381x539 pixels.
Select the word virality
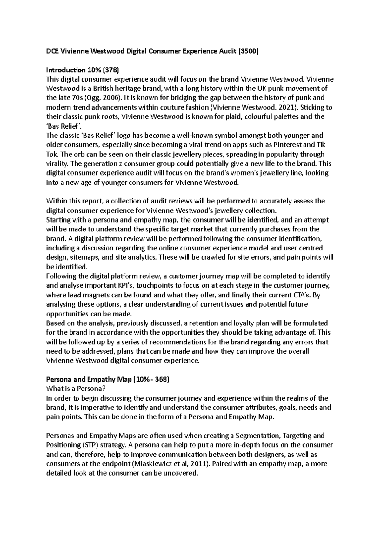[57, 164]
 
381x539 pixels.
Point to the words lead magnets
[83, 295]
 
